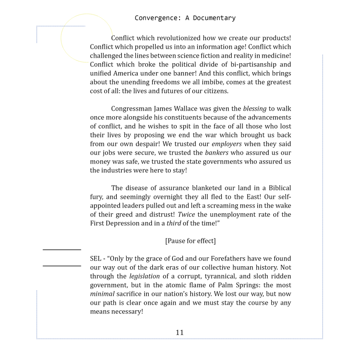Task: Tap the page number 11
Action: [x=180, y=332]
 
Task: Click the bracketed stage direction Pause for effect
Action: [x=190, y=241]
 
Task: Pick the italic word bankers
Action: [x=217, y=153]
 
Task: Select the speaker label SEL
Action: [x=96, y=259]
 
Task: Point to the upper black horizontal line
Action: [x=62, y=250]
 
